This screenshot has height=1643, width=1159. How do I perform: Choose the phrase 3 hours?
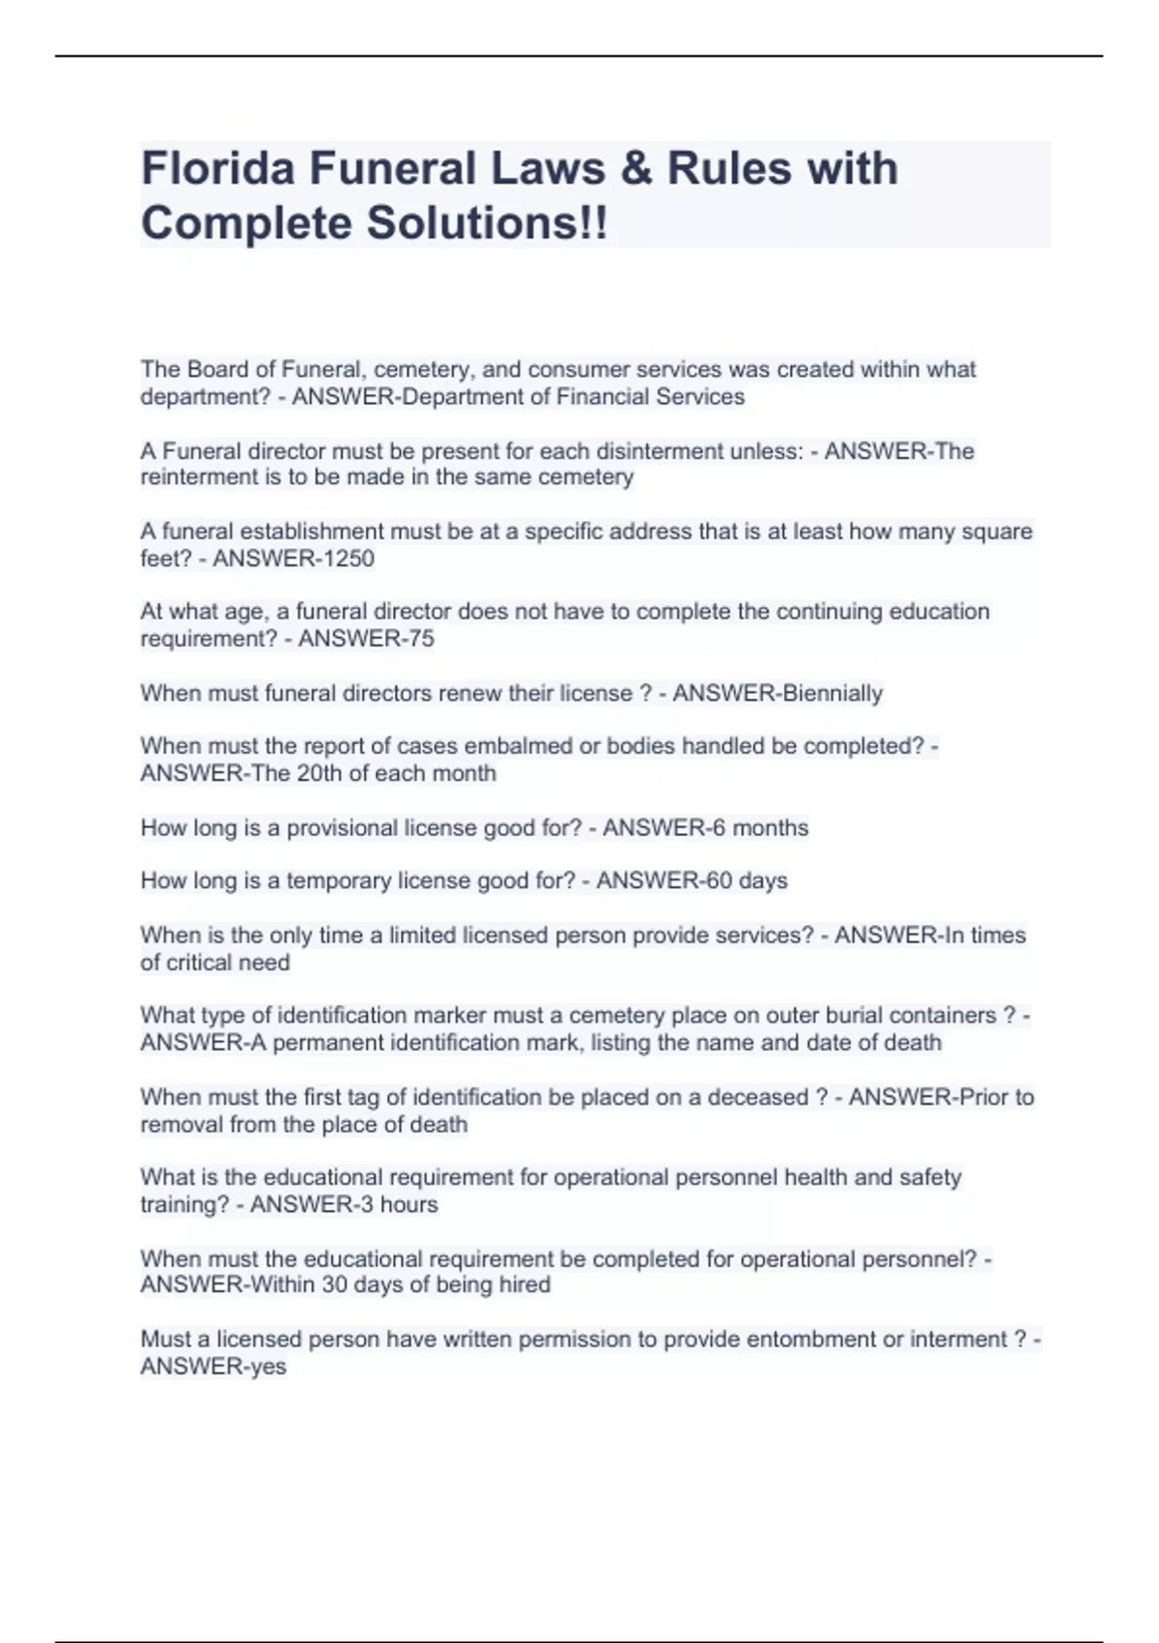click(x=398, y=1204)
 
